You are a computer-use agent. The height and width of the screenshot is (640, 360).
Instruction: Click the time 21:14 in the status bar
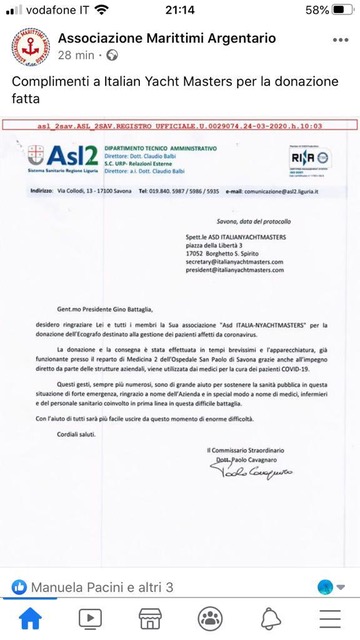pyautogui.click(x=180, y=10)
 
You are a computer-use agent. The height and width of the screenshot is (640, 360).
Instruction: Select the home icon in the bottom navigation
pyautogui.click(x=30, y=617)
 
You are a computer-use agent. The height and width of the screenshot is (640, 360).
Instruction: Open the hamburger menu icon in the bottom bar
pyautogui.click(x=330, y=617)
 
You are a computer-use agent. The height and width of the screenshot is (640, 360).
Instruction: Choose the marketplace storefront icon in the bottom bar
pyautogui.click(x=150, y=617)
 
